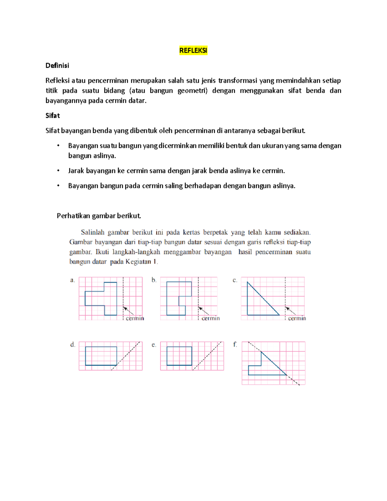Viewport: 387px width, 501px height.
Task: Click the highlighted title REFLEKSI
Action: coord(193,51)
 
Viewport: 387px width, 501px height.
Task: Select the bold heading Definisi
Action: coord(57,65)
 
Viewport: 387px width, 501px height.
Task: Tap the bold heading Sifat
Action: coord(53,115)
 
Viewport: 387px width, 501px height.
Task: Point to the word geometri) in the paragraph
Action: coord(193,91)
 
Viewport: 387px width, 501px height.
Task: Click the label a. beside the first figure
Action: coord(73,280)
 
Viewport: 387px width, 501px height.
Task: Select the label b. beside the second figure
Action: coord(154,280)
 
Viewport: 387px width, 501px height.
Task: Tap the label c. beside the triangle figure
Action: coord(235,280)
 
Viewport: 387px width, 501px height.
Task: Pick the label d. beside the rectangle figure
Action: coord(73,345)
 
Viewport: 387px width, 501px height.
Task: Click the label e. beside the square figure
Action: coord(154,345)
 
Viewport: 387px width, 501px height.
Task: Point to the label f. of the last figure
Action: coord(235,345)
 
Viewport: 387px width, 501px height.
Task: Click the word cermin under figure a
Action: coord(135,318)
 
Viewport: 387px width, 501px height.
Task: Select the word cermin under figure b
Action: coord(211,318)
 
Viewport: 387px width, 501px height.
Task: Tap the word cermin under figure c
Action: coord(297,318)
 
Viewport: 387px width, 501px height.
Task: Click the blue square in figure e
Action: coord(179,356)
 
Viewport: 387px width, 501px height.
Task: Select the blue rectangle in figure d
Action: coord(101,356)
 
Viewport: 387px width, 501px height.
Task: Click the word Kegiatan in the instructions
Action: coord(138,262)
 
